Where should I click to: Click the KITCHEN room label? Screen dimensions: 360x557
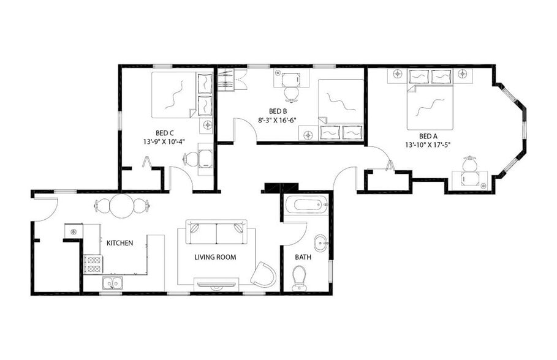(x=119, y=243)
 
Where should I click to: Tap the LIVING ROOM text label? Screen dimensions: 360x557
(x=215, y=257)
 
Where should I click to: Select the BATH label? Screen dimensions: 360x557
(x=303, y=257)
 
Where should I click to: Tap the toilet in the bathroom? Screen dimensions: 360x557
(x=300, y=281)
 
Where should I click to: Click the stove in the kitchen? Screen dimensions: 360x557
(x=93, y=264)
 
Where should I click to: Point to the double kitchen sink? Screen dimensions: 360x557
(x=112, y=283)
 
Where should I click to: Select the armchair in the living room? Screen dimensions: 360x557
(x=263, y=274)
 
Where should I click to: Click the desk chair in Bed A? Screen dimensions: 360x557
(x=469, y=164)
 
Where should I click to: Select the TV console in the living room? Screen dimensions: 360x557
(x=216, y=283)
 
